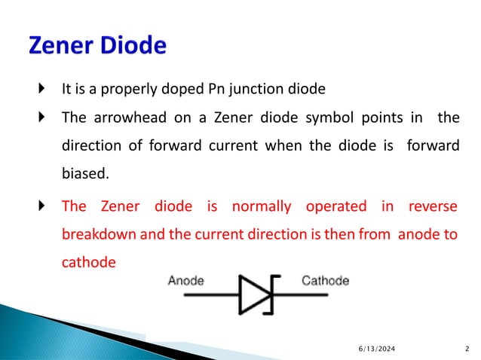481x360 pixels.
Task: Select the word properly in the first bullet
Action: pos(142,90)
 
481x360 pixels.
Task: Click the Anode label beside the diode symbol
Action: pos(185,281)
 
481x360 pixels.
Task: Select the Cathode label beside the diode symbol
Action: pos(325,281)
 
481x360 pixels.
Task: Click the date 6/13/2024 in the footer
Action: pos(375,348)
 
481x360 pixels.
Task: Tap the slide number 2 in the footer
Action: pos(467,348)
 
